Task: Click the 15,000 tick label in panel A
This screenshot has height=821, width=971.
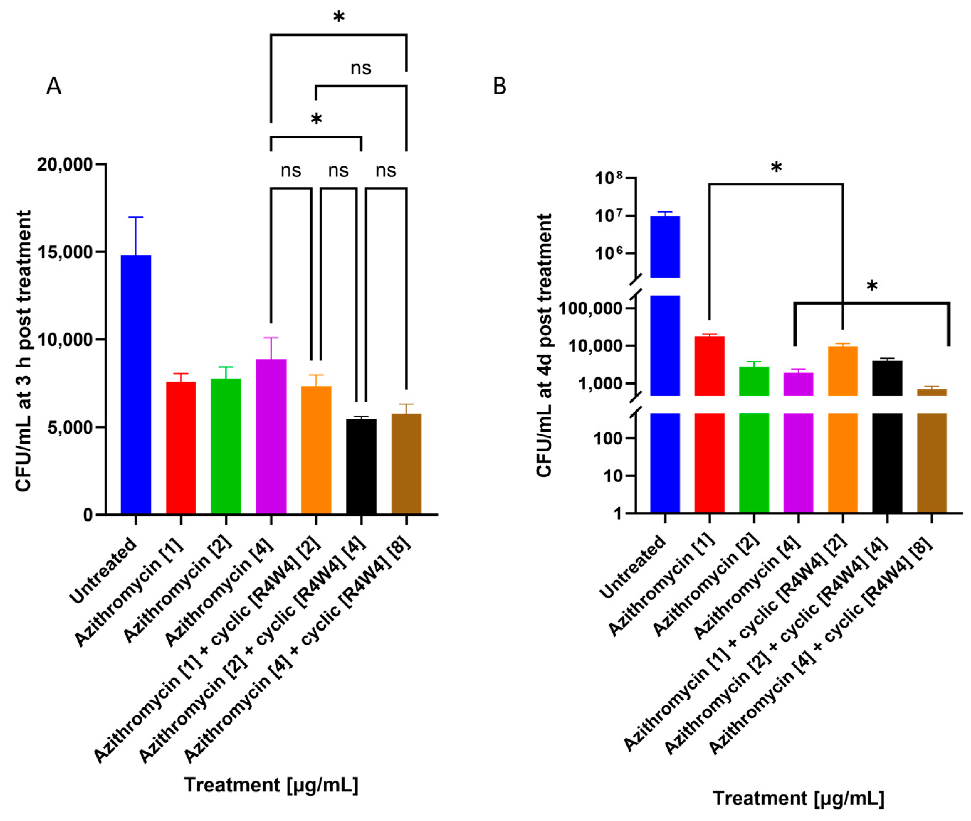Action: (x=65, y=252)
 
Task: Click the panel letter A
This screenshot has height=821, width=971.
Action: (x=53, y=87)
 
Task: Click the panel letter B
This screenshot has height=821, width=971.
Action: (x=499, y=87)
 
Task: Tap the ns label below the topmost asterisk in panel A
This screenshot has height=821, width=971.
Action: (x=361, y=68)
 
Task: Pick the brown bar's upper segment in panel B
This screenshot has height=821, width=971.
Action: (x=931, y=392)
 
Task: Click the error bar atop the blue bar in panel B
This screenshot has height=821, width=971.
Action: (x=665, y=214)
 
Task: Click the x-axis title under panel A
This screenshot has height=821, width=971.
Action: (x=271, y=784)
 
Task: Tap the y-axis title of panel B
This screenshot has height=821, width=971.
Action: (x=544, y=345)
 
